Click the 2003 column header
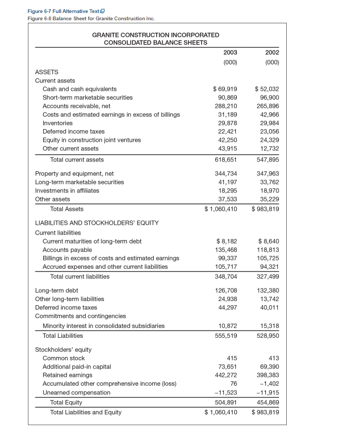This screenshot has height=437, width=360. click(230, 52)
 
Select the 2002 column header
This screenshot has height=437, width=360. click(272, 52)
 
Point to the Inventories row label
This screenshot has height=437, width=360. click(57, 123)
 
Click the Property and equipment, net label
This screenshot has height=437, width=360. click(74, 173)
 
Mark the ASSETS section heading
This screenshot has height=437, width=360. click(47, 72)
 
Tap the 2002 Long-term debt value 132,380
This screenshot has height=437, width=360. click(269, 291)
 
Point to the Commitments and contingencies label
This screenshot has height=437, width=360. click(80, 316)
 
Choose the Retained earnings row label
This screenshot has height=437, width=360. click(66, 375)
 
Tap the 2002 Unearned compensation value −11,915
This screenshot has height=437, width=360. click(268, 392)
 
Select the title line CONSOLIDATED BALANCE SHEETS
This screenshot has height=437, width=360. click(155, 42)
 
